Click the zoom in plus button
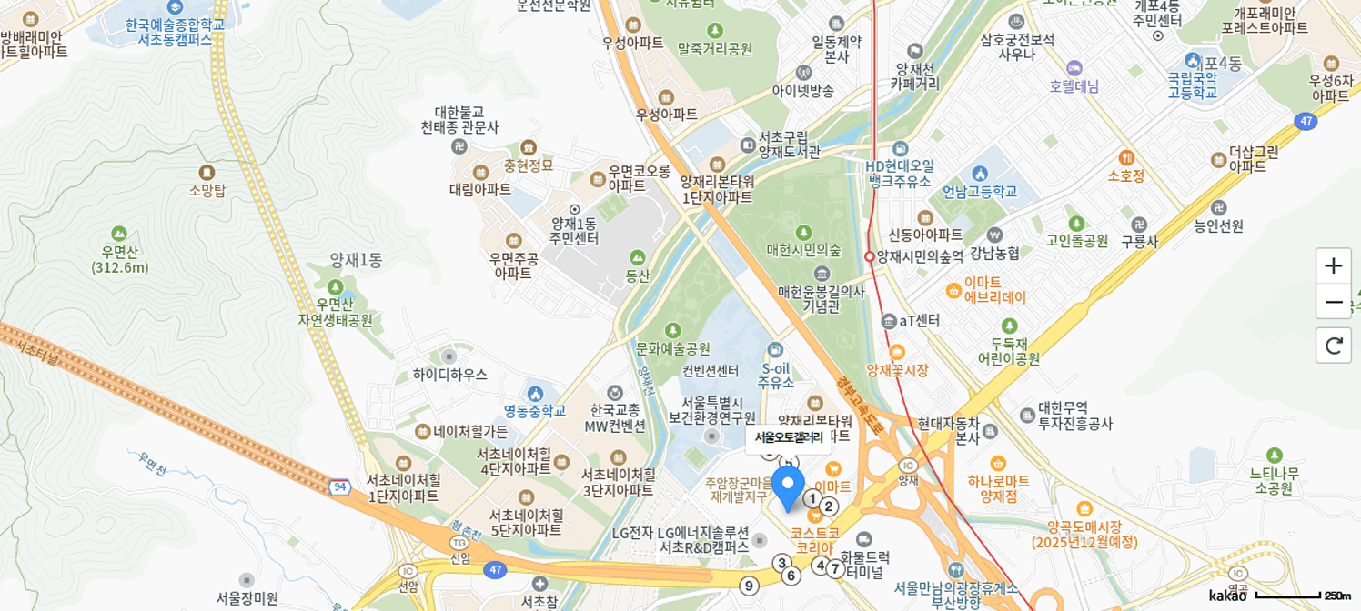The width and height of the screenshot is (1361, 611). point(1333,266)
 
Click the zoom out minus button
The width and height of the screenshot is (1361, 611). point(1333,302)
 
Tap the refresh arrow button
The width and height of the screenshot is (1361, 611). point(1333,346)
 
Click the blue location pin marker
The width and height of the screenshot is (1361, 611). point(788,488)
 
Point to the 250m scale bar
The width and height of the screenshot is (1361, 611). point(1302,596)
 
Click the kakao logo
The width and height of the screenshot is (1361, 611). point(1227,596)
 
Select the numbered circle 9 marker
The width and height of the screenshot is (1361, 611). point(749,586)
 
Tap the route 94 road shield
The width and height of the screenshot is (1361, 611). point(340,487)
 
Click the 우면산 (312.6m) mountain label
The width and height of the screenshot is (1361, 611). point(119,259)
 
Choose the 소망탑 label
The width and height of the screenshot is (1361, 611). point(207,190)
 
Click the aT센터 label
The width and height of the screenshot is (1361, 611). point(919,320)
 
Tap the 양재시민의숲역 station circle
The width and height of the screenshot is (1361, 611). point(870,256)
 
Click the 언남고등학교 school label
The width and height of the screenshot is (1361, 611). point(979,191)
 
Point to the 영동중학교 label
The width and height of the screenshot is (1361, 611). point(535,410)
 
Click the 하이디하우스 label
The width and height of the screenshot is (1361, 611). point(449,374)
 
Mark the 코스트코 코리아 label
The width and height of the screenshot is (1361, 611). point(814,540)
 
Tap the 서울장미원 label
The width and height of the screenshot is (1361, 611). point(247,597)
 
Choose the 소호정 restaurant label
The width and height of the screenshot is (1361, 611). point(1125,175)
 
